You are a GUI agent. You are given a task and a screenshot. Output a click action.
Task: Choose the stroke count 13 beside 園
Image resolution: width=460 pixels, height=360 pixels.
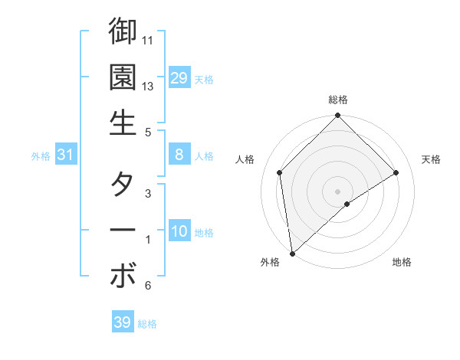coord(149,87)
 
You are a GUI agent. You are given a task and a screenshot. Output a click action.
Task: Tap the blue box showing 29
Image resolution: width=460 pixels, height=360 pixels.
coord(179,77)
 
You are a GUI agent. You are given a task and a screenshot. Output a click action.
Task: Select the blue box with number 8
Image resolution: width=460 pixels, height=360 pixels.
coord(179,155)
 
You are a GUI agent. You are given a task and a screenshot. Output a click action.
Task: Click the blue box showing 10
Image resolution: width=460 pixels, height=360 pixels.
coord(179,231)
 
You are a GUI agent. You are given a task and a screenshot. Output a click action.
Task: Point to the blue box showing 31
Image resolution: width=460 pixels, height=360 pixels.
coord(65,155)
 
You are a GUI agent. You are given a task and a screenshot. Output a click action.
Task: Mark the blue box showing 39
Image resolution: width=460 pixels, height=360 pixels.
coord(122,322)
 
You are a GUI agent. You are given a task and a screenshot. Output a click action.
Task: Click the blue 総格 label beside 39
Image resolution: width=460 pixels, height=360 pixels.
coord(147,324)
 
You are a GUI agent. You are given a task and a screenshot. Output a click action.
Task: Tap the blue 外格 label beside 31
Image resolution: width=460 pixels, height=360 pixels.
coord(41,156)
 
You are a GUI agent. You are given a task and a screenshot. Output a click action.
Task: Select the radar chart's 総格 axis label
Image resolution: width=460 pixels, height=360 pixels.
coord(338,100)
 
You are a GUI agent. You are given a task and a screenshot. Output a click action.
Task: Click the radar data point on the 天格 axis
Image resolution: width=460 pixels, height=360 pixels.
coord(396,172)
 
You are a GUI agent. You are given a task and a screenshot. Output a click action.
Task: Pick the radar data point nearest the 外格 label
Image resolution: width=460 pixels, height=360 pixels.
coord(292,254)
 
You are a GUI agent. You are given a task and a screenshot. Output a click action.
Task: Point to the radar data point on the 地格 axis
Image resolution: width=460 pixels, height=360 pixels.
coord(347,204)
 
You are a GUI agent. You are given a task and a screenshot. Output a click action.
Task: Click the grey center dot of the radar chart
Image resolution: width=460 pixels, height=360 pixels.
coord(338,191)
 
